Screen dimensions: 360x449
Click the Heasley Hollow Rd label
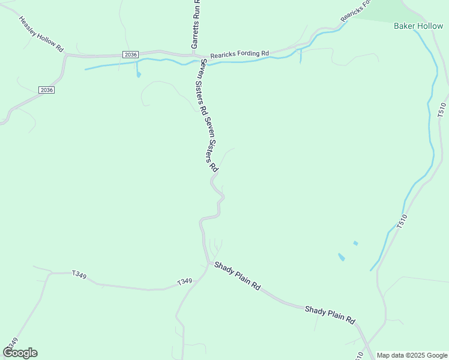tap(41, 34)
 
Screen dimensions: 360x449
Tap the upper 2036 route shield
tap(130, 55)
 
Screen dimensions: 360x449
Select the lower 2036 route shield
tap(46, 90)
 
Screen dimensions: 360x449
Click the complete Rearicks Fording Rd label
tap(240, 54)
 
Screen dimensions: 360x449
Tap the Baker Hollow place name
tap(418, 26)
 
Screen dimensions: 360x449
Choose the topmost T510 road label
tap(442, 110)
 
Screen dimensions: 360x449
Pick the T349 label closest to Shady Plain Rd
tap(184, 281)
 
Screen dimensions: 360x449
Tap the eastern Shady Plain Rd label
tap(330, 313)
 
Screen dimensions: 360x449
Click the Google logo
tap(20, 353)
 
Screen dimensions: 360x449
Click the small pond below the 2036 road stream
tap(139, 75)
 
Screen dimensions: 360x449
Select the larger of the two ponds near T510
tap(342, 257)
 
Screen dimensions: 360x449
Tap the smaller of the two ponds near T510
tap(355, 243)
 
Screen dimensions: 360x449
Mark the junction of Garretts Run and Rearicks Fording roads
tap(200, 55)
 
